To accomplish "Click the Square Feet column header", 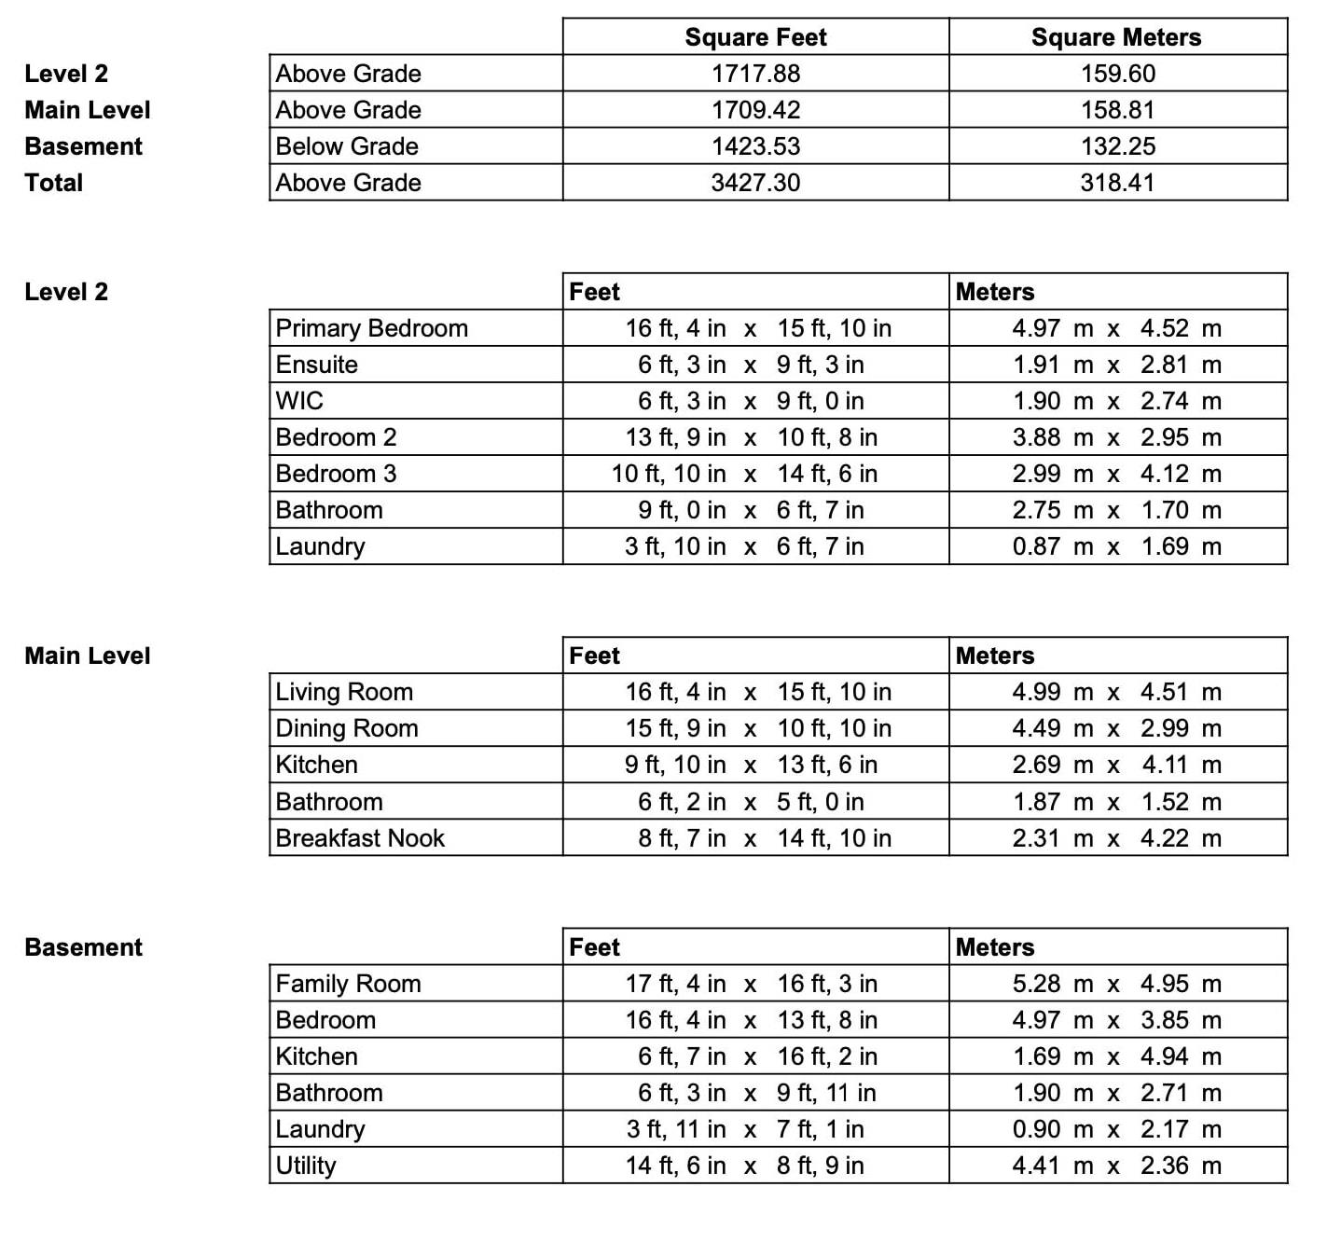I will tap(755, 37).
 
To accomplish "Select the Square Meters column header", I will tap(1116, 37).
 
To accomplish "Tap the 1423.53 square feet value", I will tap(755, 146).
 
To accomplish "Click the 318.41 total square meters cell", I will tap(1117, 183).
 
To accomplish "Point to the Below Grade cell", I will tap(347, 146).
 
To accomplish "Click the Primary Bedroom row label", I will tap(371, 328).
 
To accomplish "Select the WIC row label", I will tap(299, 401).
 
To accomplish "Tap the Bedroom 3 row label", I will tap(336, 474).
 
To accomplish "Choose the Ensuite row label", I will tap(317, 365).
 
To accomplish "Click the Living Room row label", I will tap(344, 692).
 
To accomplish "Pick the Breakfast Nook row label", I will tap(360, 838).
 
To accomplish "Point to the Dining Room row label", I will tap(347, 728).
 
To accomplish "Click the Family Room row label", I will tap(348, 984).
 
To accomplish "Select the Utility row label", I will tap(306, 1166).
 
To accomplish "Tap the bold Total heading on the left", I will tap(54, 183).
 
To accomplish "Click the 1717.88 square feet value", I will tap(755, 74).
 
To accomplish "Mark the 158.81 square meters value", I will tap(1117, 110).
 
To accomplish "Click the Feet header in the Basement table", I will tap(595, 947).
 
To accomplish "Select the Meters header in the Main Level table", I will tap(995, 655).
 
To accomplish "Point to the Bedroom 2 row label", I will tap(336, 437).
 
